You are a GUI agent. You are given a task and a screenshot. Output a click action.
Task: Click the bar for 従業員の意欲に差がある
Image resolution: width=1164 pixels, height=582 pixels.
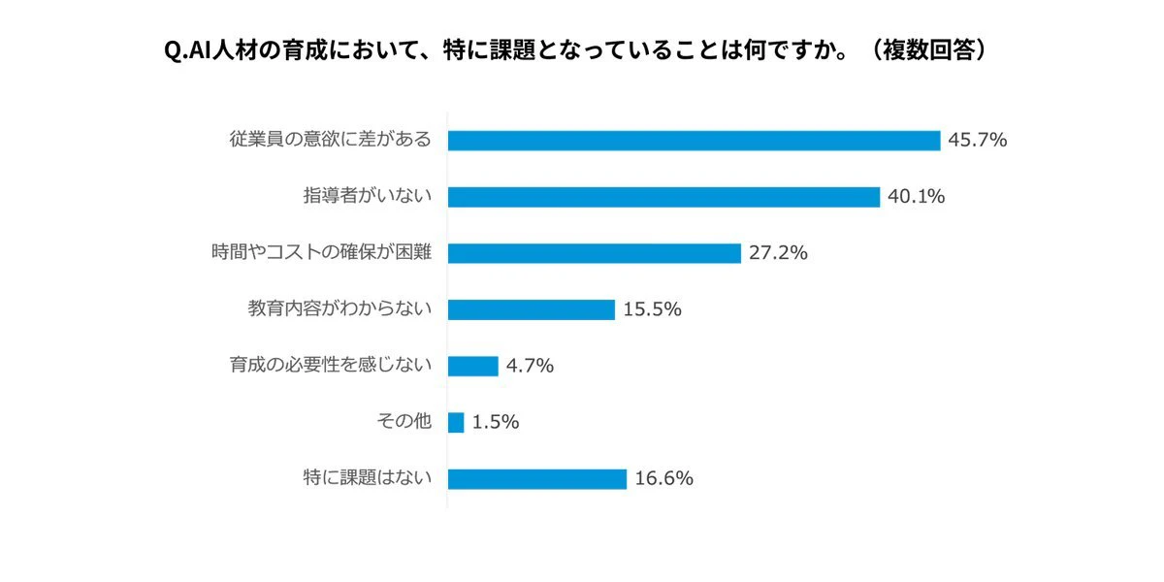[x=695, y=141]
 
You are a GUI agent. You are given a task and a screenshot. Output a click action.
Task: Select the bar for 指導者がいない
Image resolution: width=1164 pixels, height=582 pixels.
[x=664, y=197]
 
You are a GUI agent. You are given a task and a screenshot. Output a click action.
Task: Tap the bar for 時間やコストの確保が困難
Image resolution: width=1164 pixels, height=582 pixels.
[x=595, y=253]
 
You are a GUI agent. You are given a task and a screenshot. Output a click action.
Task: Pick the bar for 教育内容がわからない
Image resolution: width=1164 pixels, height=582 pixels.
[x=532, y=309]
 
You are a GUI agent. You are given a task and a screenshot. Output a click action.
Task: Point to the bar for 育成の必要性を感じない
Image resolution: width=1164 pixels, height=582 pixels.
[x=473, y=366]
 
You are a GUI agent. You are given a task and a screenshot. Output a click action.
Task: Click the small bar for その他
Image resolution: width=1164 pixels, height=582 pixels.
[x=456, y=423]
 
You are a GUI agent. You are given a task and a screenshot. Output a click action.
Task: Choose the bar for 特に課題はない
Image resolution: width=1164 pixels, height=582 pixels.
[x=537, y=478]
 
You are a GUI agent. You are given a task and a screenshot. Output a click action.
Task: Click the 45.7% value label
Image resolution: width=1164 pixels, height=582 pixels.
[x=978, y=140]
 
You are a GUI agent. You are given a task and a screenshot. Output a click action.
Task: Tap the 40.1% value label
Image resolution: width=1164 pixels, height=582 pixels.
[x=916, y=196]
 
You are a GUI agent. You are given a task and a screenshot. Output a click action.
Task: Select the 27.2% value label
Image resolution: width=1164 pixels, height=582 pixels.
[x=778, y=253]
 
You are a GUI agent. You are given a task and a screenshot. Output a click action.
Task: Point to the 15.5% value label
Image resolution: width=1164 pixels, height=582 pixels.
[x=652, y=309]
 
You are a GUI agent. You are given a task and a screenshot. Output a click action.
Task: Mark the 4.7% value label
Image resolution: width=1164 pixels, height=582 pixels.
[x=530, y=366]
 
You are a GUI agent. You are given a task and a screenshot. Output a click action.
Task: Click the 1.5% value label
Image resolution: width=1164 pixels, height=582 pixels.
[x=496, y=422]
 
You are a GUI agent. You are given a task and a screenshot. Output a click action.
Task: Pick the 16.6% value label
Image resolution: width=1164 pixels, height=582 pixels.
[x=664, y=478]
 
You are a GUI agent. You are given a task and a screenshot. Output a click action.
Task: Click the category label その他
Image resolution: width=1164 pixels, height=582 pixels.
[x=404, y=421]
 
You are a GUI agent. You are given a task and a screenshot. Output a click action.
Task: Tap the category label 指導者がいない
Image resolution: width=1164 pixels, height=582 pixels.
[x=368, y=195]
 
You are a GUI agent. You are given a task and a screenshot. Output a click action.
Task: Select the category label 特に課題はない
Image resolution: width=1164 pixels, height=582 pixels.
[x=368, y=477]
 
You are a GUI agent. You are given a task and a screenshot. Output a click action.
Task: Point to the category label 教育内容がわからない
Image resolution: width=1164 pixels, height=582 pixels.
[x=339, y=308]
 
